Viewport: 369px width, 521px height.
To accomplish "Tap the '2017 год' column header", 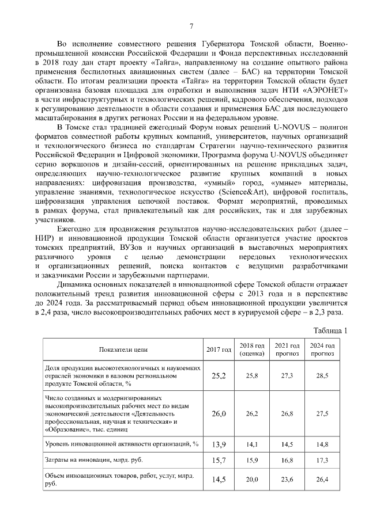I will point(219,349).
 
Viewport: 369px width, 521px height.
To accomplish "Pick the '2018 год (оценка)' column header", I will point(251,349).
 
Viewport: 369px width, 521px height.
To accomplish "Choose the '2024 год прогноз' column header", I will point(322,349).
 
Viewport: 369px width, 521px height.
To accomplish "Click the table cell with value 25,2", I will point(219,376).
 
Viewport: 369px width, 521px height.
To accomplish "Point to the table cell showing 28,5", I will point(322,376).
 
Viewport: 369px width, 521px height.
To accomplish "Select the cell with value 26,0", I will point(219,414).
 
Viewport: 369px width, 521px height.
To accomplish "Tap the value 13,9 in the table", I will point(219,444).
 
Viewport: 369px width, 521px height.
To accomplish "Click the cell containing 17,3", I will point(322,461).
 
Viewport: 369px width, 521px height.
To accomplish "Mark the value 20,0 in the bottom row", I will point(251,480).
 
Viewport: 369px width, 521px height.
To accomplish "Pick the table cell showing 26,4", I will point(322,480).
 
